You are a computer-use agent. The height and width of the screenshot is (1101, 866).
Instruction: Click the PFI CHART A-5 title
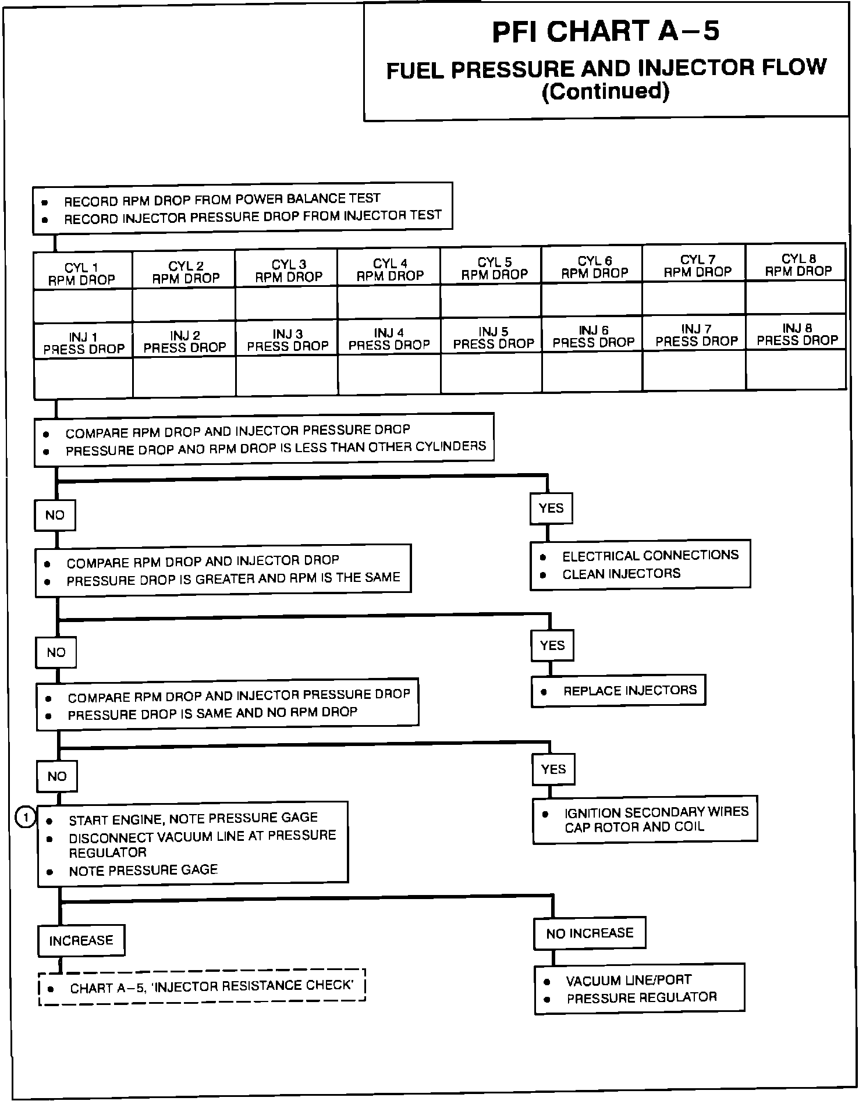click(x=605, y=31)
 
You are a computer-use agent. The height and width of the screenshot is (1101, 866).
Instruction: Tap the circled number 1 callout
click(x=25, y=818)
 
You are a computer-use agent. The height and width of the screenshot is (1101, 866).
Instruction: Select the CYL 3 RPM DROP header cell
click(x=288, y=270)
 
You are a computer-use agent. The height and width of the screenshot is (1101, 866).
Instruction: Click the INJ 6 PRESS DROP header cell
click(x=593, y=336)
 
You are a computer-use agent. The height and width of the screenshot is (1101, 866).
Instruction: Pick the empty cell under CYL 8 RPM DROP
click(x=795, y=297)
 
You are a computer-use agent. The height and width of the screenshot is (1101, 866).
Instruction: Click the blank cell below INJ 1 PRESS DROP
click(x=83, y=378)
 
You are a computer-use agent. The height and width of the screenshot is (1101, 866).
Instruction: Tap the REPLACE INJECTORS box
click(x=618, y=691)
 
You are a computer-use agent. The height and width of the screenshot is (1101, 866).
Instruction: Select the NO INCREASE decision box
click(x=589, y=933)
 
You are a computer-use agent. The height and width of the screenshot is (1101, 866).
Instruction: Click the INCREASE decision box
click(x=81, y=940)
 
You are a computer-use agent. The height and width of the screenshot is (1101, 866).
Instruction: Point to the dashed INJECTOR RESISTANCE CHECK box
click(x=201, y=987)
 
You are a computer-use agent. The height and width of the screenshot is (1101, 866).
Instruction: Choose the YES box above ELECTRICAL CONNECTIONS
click(x=551, y=508)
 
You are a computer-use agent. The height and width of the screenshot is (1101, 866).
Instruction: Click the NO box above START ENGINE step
click(x=57, y=776)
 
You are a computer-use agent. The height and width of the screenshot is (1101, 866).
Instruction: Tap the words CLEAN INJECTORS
click(x=620, y=574)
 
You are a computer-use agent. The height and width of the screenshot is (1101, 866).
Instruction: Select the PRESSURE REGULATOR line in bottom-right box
click(x=641, y=998)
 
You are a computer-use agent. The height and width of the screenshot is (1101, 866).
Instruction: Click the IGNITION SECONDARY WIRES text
click(x=655, y=812)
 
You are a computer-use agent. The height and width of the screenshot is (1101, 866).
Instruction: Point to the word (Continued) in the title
click(x=605, y=91)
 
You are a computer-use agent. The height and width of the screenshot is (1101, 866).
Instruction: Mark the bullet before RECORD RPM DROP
click(x=44, y=203)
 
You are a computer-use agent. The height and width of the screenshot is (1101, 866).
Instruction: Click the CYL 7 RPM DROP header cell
click(x=697, y=265)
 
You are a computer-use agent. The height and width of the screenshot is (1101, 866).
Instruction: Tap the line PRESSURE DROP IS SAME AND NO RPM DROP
click(x=212, y=713)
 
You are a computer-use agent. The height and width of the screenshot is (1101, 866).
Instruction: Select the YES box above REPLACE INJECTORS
click(x=552, y=645)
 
